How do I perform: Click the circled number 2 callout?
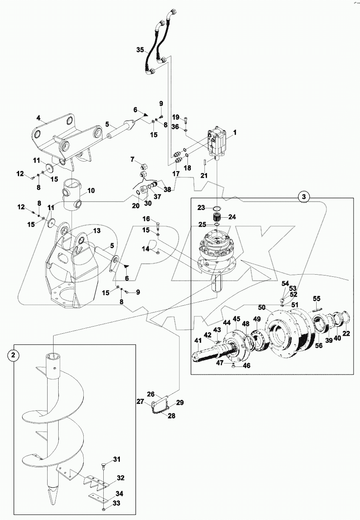(x=14, y=355)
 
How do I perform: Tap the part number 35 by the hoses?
(x=140, y=50)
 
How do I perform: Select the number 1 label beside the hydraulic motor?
(x=235, y=132)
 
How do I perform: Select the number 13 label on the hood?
(x=96, y=230)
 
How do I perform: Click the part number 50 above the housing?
(x=261, y=307)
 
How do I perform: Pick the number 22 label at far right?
(x=346, y=333)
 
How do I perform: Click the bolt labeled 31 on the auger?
(x=104, y=467)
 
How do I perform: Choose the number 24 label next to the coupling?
(x=232, y=216)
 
